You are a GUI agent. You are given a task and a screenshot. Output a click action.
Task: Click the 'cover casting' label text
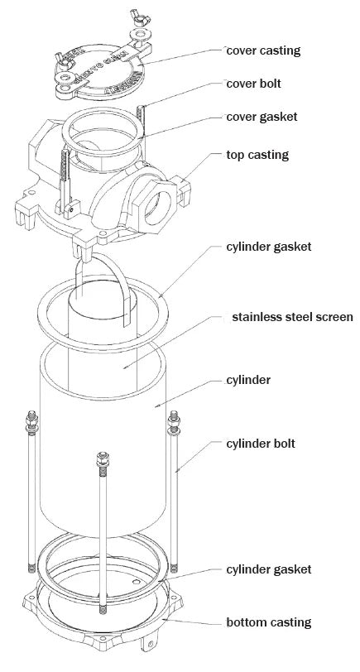click(x=264, y=50)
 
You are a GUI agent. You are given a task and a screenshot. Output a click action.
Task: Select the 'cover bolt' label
click(x=254, y=84)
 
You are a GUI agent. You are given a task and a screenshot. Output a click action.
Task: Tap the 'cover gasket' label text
click(x=262, y=117)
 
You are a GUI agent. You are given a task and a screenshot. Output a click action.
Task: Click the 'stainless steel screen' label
click(x=293, y=317)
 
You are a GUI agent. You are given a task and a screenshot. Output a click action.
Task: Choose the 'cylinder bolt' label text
click(x=261, y=444)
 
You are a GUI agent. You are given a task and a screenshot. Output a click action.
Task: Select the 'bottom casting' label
click(x=268, y=622)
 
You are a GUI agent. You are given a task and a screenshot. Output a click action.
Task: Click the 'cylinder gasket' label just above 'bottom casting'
click(x=268, y=569)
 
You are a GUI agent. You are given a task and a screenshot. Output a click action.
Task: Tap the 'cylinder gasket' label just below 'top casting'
click(x=268, y=247)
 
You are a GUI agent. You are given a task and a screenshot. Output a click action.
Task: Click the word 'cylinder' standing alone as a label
click(x=248, y=381)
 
